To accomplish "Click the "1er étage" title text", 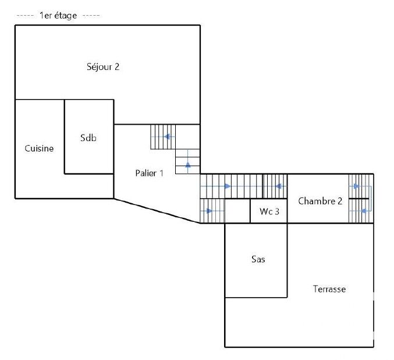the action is click(x=58, y=16).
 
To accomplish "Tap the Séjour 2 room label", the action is click(x=103, y=66).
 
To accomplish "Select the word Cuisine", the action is click(x=39, y=148).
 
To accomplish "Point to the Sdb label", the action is click(x=88, y=137).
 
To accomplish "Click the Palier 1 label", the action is click(x=149, y=173).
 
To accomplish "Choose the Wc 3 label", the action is click(x=269, y=211).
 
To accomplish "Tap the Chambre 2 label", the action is click(x=320, y=201).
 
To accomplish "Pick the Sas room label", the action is click(x=258, y=259).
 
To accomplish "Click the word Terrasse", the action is click(x=329, y=289).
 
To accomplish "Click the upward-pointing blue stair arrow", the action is click(x=188, y=165).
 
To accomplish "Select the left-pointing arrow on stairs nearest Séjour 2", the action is click(x=167, y=137).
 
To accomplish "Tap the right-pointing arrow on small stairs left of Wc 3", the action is click(x=210, y=211).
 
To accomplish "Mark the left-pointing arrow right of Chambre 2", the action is click(x=364, y=211).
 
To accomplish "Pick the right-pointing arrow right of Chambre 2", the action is click(x=356, y=186).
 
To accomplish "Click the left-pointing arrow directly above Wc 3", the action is click(x=278, y=186).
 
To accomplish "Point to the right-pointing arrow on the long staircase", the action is click(x=228, y=186).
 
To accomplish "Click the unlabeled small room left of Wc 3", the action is click(x=237, y=211).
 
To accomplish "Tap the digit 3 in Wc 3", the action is click(x=277, y=211).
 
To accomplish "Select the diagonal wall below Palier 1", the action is click(x=157, y=211).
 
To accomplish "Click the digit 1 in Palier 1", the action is click(x=162, y=173).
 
